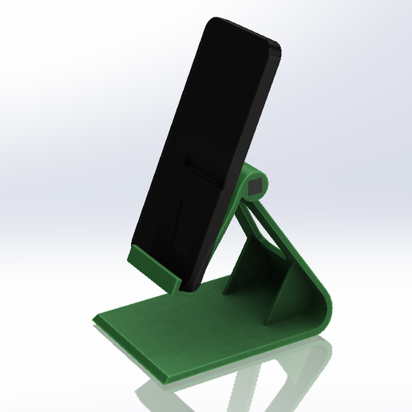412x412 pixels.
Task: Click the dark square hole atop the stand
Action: tap(255, 188)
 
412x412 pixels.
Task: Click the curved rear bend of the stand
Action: tap(322, 307)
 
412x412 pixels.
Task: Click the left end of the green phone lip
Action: tap(129, 256)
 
